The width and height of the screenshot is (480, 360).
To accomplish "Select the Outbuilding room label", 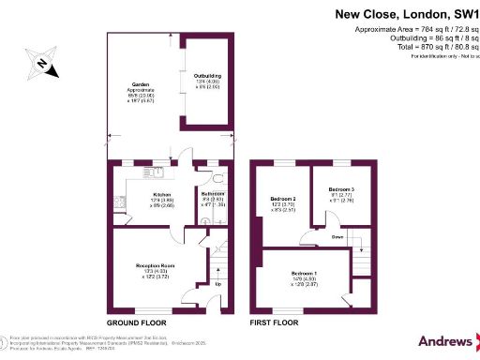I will click(x=206, y=75).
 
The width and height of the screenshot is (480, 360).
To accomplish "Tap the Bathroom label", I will click(x=213, y=193).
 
